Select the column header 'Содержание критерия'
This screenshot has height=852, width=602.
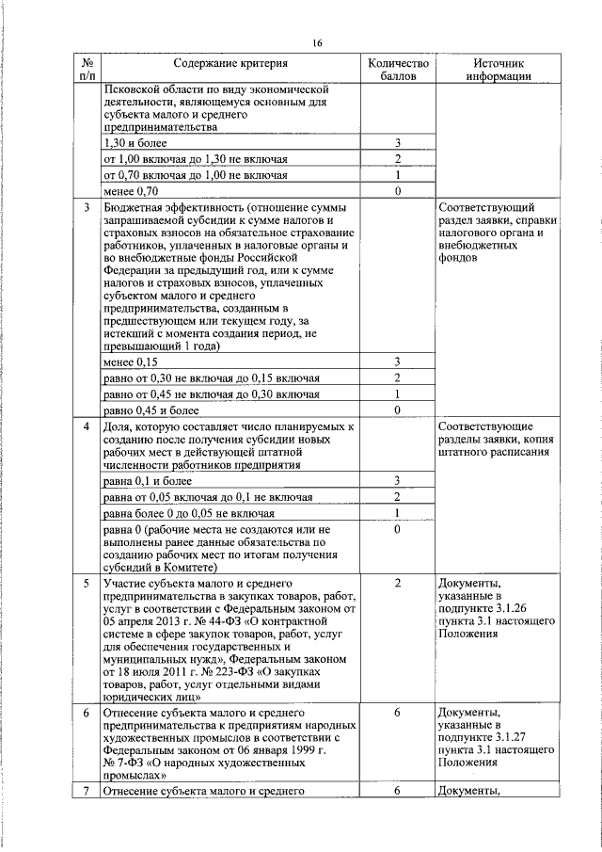[x=230, y=63]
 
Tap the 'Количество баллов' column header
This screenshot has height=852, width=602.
[x=398, y=70]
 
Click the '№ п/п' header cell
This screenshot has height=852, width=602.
[x=87, y=70]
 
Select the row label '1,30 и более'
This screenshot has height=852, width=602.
[x=138, y=142]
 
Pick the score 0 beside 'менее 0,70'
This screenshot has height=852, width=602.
[x=398, y=191]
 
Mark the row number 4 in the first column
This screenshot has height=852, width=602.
[x=87, y=426]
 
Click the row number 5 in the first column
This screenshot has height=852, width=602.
[x=87, y=584]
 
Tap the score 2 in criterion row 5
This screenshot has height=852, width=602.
[x=398, y=584]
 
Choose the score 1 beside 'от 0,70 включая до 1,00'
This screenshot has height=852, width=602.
[x=398, y=175]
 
